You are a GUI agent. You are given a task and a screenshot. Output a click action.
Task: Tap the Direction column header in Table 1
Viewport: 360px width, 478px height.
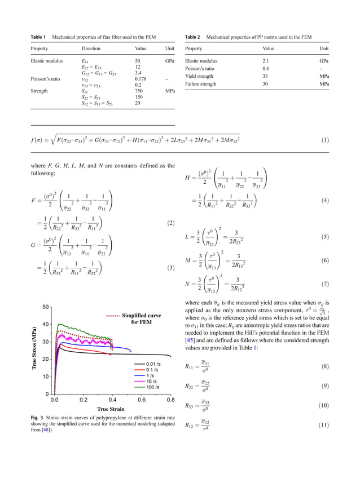pos(91,49)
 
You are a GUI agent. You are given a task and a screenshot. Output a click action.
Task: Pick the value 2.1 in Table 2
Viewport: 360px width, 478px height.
pos(267,60)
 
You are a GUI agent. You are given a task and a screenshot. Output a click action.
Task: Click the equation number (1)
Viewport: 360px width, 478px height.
pos(324,139)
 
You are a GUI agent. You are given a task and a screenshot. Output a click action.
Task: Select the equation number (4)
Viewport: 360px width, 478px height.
pos(324,200)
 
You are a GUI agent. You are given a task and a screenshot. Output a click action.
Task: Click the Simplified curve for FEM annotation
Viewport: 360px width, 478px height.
pos(141,319)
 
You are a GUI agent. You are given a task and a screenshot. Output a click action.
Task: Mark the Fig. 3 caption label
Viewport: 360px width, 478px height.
pos(37,417)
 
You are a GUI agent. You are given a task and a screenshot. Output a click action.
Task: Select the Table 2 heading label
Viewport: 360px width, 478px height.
pos(193,37)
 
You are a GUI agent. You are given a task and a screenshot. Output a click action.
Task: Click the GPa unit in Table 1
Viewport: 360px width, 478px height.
pos(169,60)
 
